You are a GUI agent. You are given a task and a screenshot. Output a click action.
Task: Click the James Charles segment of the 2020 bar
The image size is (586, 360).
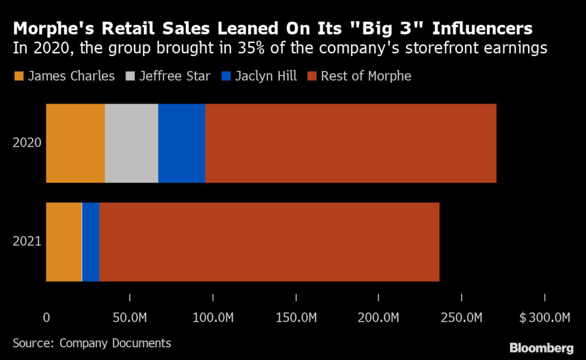(x=75, y=143)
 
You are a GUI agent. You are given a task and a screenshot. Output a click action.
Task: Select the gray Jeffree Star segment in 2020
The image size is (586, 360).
(x=131, y=143)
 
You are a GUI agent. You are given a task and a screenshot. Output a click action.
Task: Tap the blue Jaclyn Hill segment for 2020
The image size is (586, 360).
(x=181, y=143)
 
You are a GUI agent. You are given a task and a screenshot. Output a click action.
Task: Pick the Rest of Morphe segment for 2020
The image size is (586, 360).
(x=350, y=143)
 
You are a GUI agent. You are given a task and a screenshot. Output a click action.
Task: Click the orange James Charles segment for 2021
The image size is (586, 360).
(x=64, y=242)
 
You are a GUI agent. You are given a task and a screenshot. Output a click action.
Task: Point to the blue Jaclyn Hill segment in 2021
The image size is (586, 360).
(x=91, y=242)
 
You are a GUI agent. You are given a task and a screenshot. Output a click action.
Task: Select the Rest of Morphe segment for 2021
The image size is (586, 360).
(x=269, y=242)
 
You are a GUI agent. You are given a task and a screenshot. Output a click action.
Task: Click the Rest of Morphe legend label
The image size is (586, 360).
(x=366, y=76)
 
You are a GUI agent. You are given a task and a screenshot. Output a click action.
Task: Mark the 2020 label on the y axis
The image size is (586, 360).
(x=27, y=143)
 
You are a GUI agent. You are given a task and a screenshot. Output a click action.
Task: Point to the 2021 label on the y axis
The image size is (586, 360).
(x=27, y=242)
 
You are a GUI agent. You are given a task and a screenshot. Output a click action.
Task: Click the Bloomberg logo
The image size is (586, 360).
(x=541, y=347)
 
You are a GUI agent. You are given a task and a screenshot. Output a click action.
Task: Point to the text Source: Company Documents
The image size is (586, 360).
(x=92, y=343)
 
